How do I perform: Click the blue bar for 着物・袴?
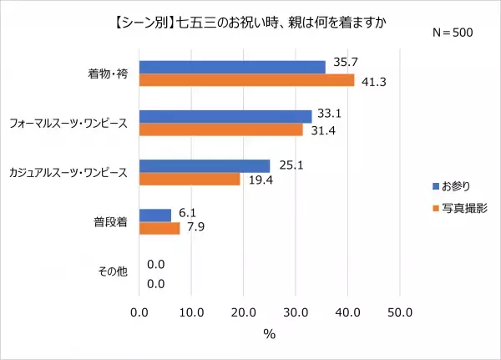pyautogui.click(x=232, y=67)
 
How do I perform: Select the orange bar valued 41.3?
pyautogui.click(x=246, y=80)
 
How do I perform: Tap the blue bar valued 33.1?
pyautogui.click(x=225, y=116)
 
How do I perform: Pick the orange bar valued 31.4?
pyautogui.click(x=221, y=129)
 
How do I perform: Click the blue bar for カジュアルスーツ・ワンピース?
pyautogui.click(x=205, y=165)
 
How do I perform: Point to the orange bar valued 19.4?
pyautogui.click(x=190, y=179)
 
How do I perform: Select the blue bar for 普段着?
pyautogui.click(x=155, y=215)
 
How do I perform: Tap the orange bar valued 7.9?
pyautogui.click(x=159, y=228)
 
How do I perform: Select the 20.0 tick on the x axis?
pyautogui.click(x=243, y=312)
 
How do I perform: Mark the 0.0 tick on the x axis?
pyautogui.click(x=139, y=312)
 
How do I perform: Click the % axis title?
pyautogui.click(x=270, y=333)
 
